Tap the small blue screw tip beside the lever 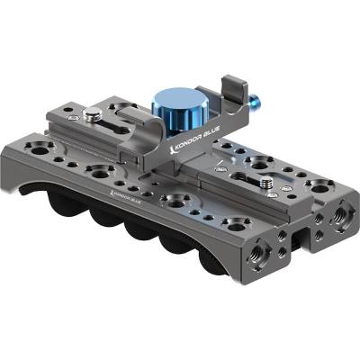click(x=255, y=100)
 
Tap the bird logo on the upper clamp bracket click(x=172, y=149)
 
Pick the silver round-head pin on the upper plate click(x=89, y=115)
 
